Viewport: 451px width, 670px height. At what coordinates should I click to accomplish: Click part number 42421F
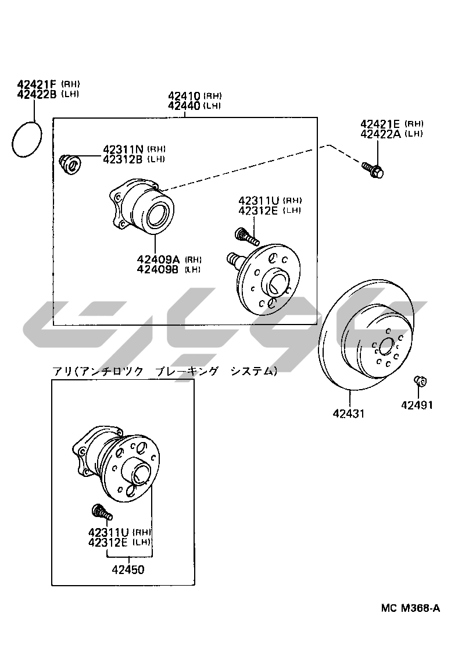[x=37, y=84]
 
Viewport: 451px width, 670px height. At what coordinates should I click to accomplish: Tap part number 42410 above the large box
[x=184, y=96]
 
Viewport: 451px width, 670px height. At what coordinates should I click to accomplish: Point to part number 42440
[x=184, y=105]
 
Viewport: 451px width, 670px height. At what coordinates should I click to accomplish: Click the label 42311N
[x=123, y=149]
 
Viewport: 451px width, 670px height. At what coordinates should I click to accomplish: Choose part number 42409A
[x=158, y=259]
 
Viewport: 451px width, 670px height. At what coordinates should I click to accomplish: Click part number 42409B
[x=158, y=269]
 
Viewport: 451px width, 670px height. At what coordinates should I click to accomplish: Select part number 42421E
[x=380, y=124]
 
